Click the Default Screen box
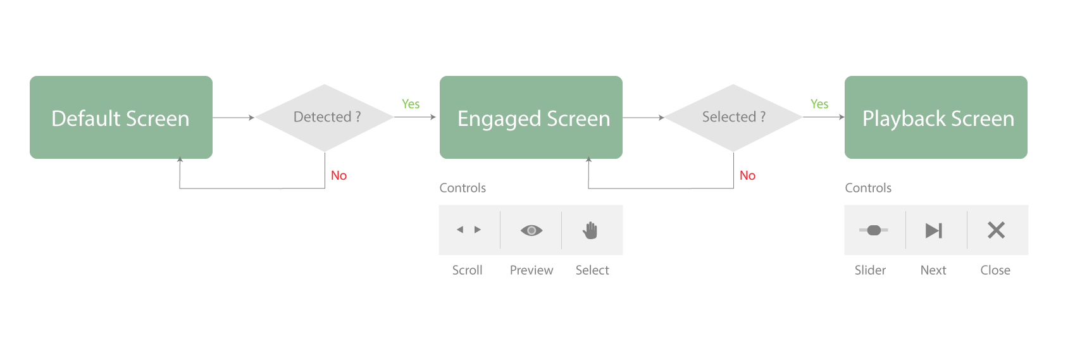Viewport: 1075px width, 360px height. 121,117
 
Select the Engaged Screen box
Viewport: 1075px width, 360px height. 531,117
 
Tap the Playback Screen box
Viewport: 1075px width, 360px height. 936,117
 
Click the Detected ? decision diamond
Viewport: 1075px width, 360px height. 325,118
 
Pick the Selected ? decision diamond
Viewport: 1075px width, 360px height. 733,118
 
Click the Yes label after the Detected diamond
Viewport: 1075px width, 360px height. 411,104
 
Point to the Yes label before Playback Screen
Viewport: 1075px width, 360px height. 819,104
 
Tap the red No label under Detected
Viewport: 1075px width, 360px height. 339,175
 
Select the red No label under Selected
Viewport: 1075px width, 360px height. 747,175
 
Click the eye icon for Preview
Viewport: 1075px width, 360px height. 531,230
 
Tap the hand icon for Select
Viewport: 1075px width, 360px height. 590,230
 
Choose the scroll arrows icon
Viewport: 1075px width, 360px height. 469,230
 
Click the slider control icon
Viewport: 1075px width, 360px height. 873,230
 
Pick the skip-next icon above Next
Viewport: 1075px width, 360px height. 934,230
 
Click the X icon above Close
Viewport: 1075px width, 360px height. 997,230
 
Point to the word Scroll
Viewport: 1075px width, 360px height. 467,270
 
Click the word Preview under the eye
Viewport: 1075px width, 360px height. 531,270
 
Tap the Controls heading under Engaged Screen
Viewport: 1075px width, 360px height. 463,188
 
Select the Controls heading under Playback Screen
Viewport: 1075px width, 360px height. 868,188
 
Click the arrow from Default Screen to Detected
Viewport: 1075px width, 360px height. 233,118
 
